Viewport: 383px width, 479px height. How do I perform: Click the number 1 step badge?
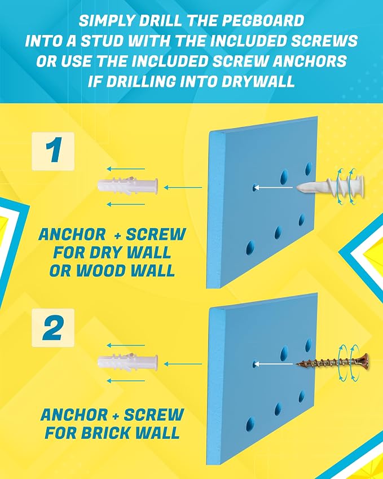[53, 151]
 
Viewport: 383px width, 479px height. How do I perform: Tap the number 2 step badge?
[53, 328]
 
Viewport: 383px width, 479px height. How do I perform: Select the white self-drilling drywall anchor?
[331, 186]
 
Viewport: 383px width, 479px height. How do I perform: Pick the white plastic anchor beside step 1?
[127, 186]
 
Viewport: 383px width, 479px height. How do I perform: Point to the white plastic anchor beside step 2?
[127, 362]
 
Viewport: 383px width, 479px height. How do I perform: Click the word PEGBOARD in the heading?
[263, 21]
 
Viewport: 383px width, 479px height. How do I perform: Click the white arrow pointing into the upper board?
[273, 187]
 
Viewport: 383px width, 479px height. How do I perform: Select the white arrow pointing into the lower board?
[273, 364]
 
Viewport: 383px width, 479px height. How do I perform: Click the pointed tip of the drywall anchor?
[297, 187]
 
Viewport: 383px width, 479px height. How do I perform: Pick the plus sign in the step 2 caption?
[116, 415]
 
